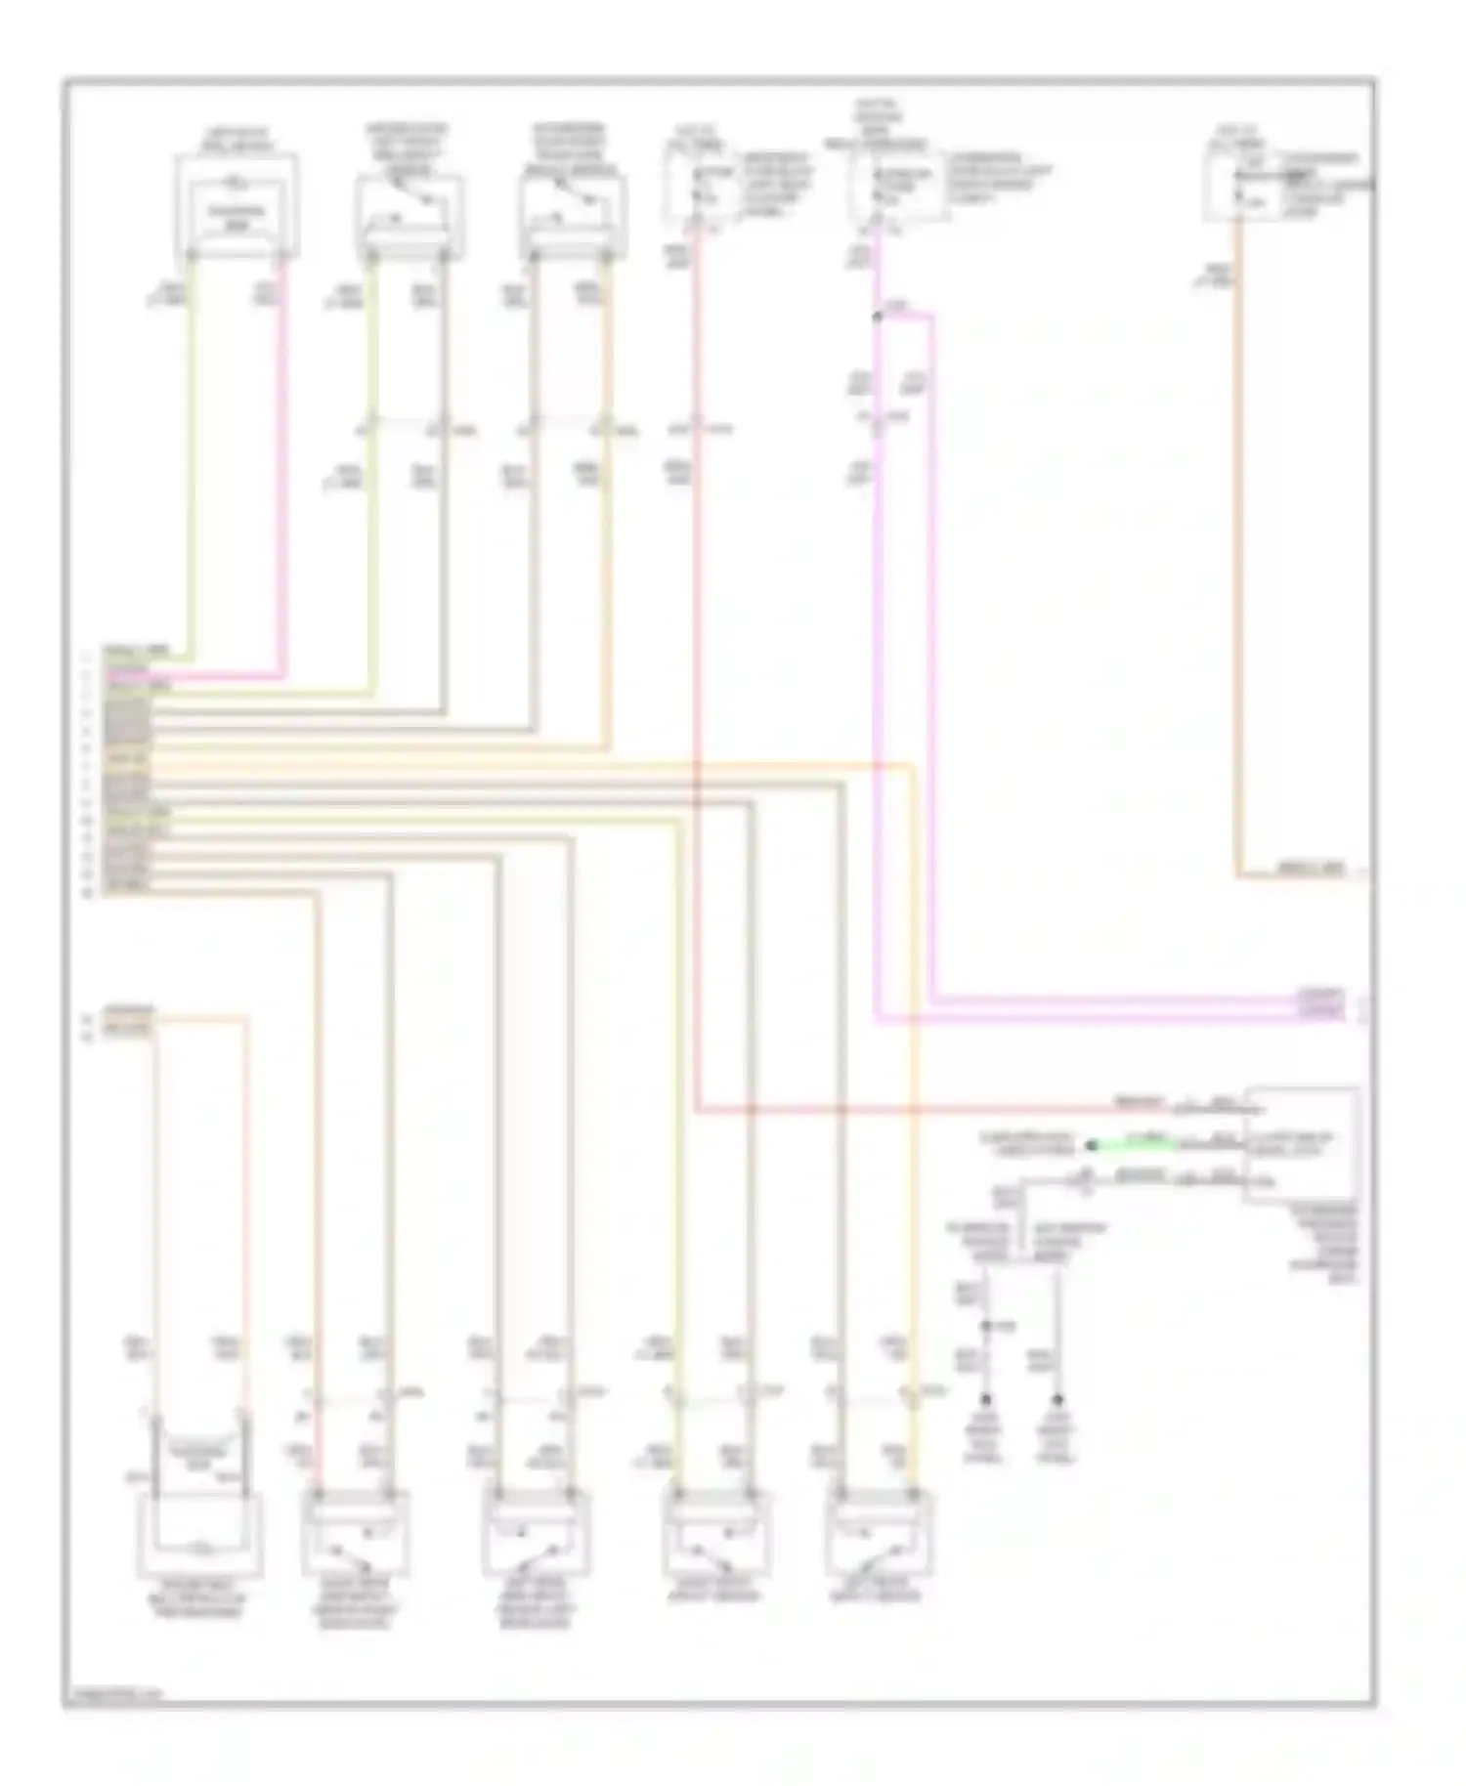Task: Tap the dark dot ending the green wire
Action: (1092, 1144)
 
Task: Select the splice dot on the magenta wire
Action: (877, 317)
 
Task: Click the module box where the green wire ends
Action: (1300, 1142)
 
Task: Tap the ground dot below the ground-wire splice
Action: (987, 1400)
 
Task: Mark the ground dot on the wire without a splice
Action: (1056, 1400)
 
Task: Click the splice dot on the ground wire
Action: (987, 1326)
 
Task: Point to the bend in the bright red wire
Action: (697, 1110)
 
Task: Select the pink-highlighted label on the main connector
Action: (128, 675)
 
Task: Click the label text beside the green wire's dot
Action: (1026, 1143)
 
